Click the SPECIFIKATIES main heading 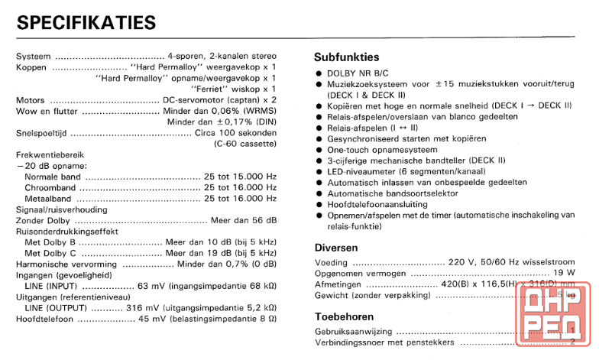(86, 22)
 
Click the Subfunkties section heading (346, 57)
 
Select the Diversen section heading (336, 248)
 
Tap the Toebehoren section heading (345, 316)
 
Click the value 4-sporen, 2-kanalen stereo (222, 57)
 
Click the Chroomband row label (50, 187)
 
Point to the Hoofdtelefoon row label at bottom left (45, 318)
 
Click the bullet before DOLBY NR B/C (319, 73)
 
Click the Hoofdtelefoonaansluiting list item (389, 205)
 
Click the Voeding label (331, 262)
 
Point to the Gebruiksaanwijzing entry (354, 332)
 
